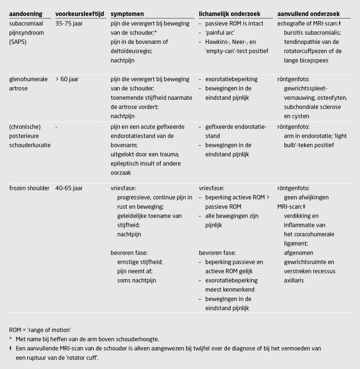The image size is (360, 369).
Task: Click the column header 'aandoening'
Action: (x=26, y=14)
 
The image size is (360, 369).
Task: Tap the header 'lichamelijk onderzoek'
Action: (x=230, y=14)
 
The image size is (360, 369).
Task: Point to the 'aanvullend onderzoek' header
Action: (x=309, y=14)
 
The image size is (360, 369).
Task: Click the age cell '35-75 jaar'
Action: (x=69, y=24)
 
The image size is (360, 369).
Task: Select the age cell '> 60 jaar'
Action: (x=67, y=79)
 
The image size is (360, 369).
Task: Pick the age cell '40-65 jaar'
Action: (x=69, y=188)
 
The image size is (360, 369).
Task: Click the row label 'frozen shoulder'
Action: (x=29, y=188)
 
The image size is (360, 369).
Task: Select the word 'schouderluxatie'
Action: (x=30, y=145)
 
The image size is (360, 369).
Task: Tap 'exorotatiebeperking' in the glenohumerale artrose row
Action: (x=231, y=79)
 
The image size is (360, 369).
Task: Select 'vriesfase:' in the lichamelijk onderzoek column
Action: (x=211, y=188)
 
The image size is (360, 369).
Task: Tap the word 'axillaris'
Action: (x=294, y=280)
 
